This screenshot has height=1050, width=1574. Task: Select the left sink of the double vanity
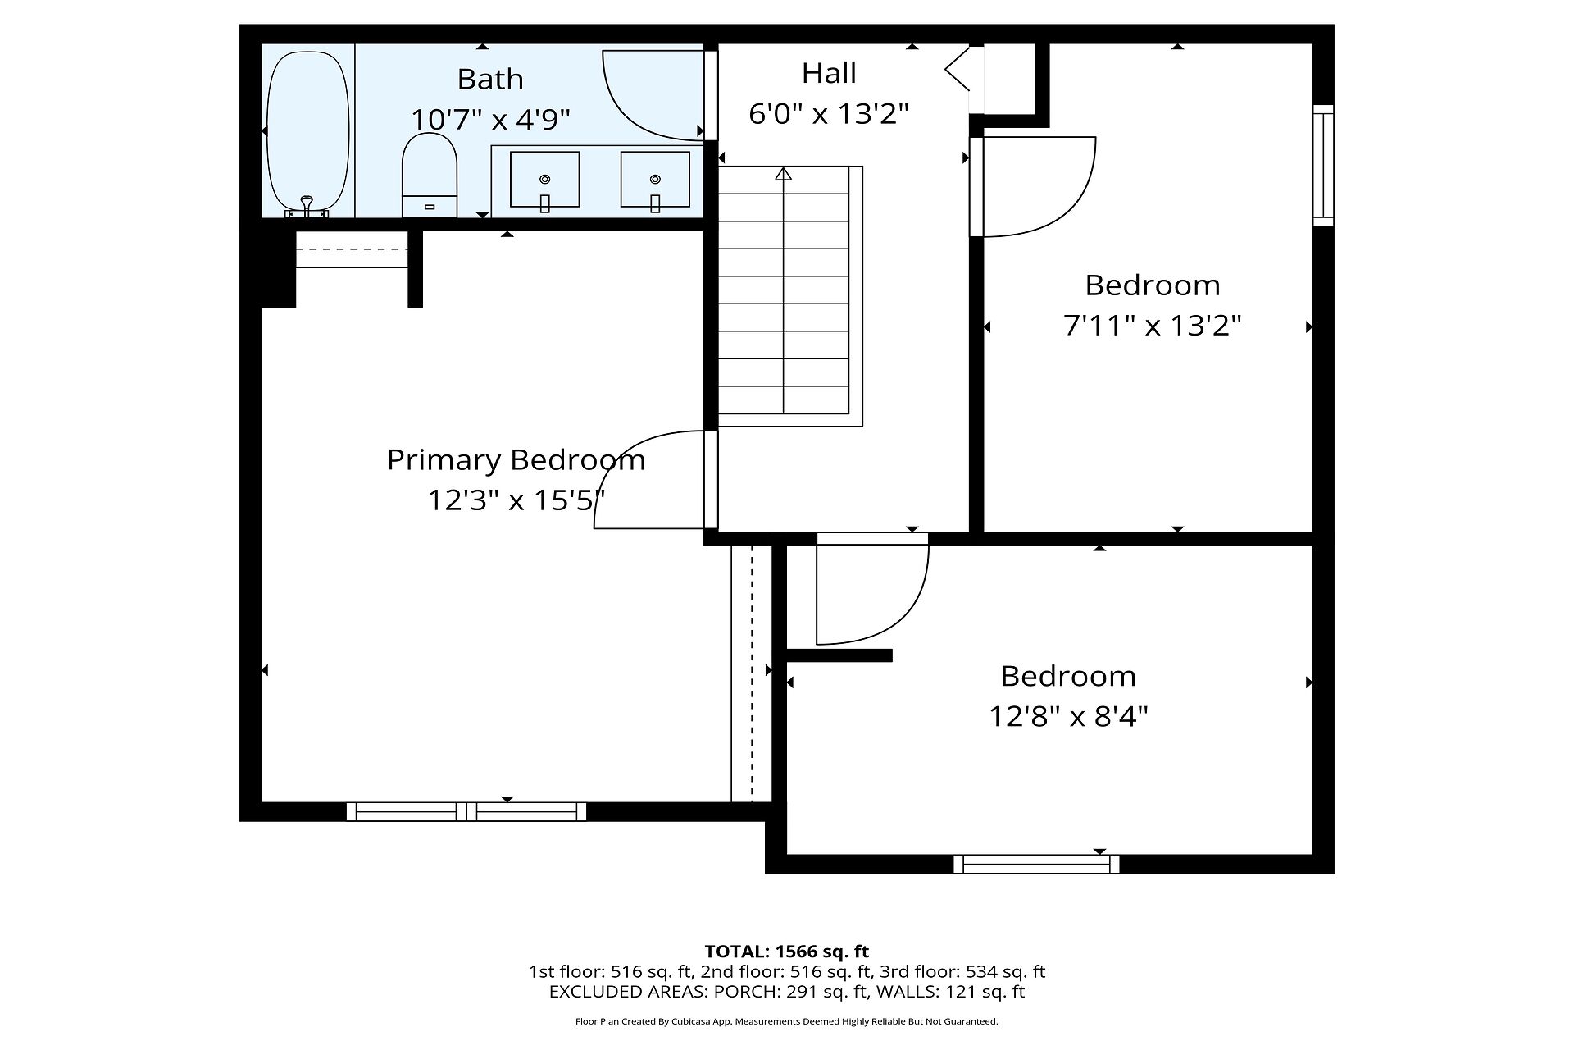pos(544,180)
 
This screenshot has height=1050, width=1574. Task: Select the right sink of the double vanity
pos(655,180)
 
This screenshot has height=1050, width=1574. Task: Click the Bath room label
pos(490,79)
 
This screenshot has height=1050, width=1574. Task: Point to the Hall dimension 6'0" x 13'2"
pos(829,113)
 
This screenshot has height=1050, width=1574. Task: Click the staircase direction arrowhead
pos(784,173)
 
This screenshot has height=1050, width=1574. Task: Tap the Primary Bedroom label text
pos(516,460)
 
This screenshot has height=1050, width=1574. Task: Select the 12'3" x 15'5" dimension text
pos(516,500)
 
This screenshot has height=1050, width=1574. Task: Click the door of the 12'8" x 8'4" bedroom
pos(872,589)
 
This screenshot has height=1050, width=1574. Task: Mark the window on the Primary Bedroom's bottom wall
pos(466,811)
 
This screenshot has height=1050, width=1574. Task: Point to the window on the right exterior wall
pos(1323,165)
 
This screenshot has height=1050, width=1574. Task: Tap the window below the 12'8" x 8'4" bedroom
pos(1037,864)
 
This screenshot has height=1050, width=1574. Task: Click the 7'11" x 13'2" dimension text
pos(1152,326)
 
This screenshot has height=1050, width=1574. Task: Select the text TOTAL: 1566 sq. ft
pos(787,952)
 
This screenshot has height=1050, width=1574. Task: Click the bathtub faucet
pos(307,205)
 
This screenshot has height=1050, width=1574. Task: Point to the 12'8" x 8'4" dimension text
pos(1068,717)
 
